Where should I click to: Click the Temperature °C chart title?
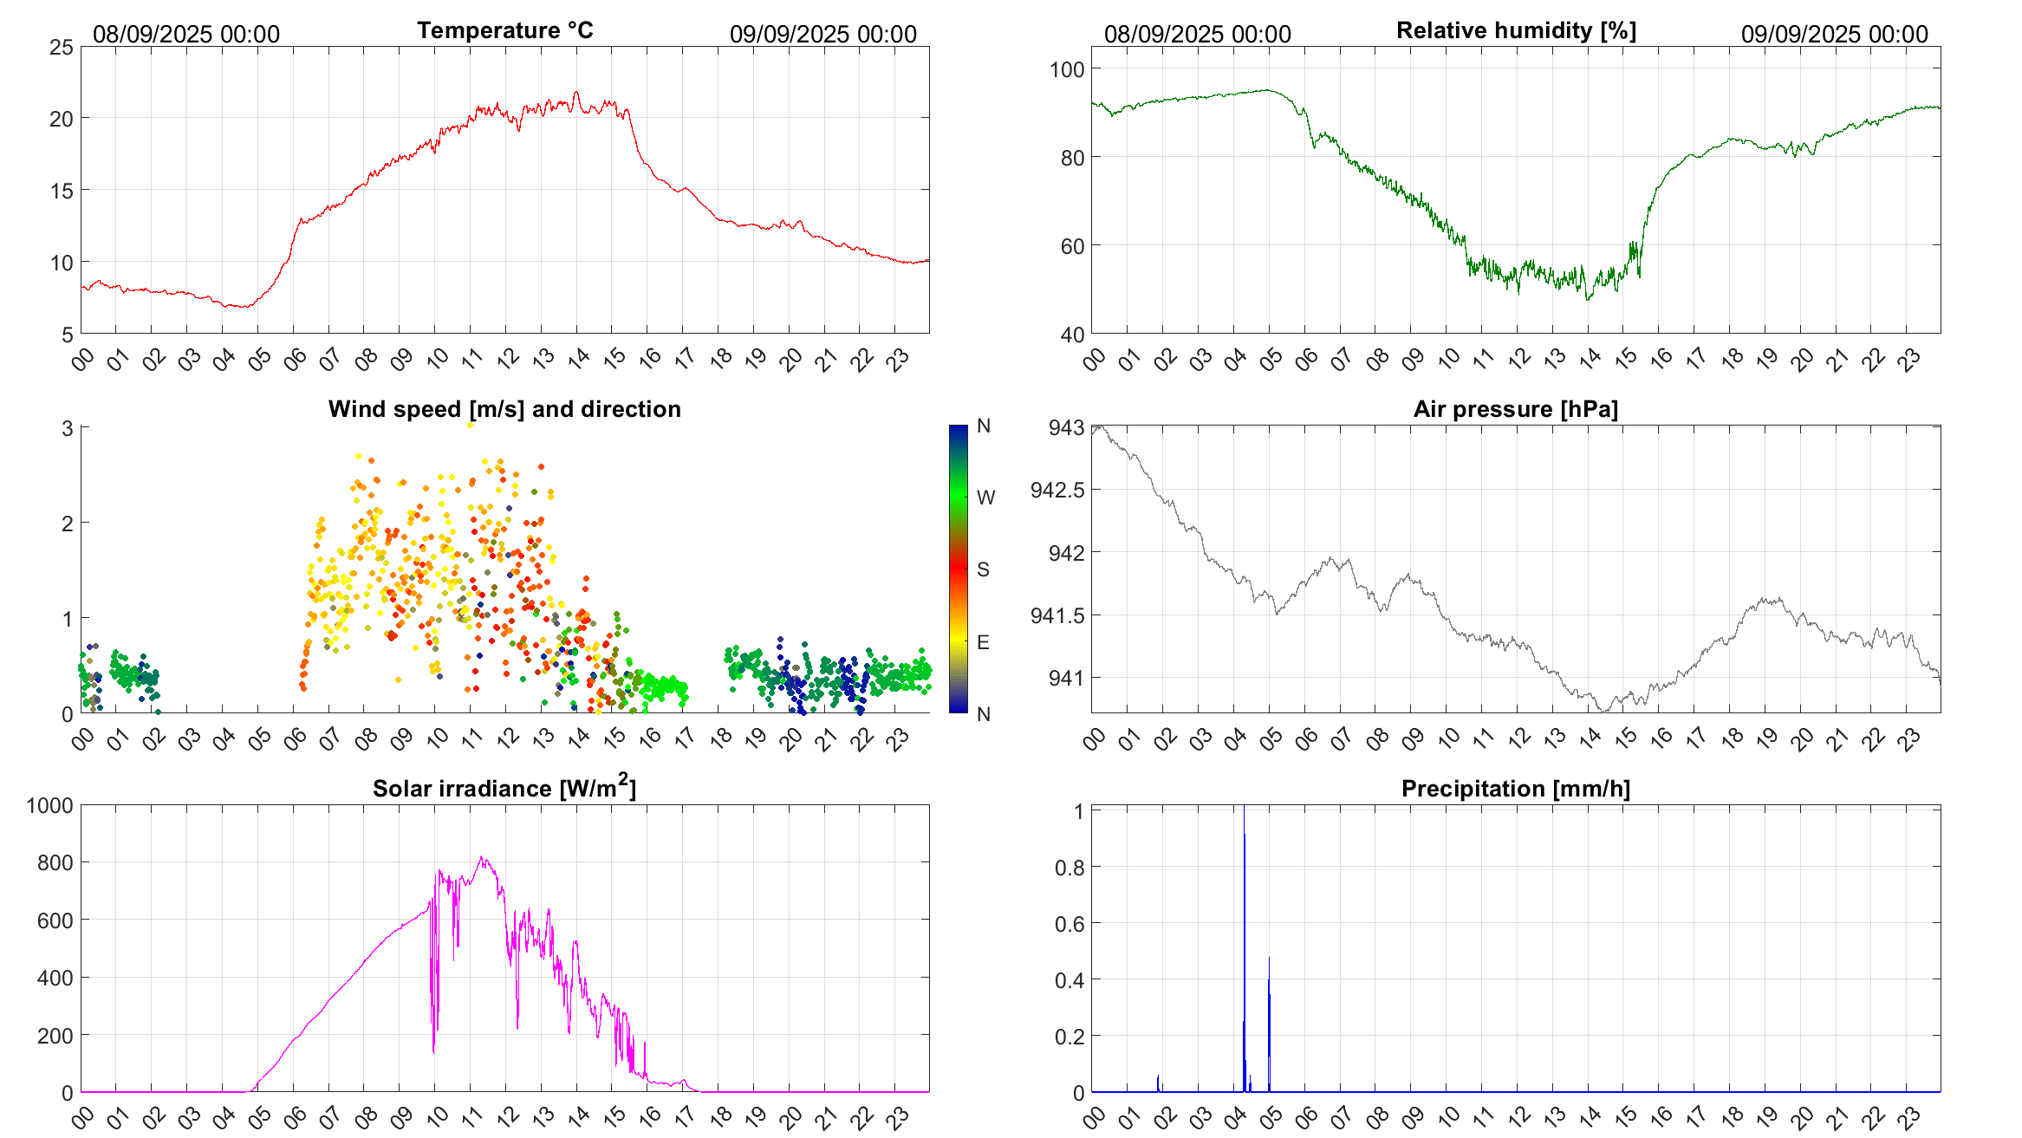point(504,30)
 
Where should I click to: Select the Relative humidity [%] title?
point(1516,30)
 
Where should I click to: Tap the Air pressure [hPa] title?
point(1515,409)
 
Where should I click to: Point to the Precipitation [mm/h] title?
point(1515,789)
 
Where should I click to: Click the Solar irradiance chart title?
point(504,788)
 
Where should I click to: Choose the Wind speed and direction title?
point(504,409)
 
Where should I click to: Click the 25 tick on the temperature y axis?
point(62,48)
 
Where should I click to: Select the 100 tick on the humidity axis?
point(1066,69)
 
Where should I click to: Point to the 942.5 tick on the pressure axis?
point(1057,491)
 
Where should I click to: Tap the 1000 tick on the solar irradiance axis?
point(50,806)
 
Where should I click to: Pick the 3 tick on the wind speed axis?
point(67,428)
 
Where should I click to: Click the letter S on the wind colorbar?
point(983,569)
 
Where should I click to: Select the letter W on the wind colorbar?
point(985,497)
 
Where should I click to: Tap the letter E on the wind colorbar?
point(983,642)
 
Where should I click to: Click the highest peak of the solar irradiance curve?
point(482,858)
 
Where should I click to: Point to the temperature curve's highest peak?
point(576,93)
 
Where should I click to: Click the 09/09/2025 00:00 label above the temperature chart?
point(822,35)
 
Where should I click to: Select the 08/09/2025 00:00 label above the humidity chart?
point(1197,35)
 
